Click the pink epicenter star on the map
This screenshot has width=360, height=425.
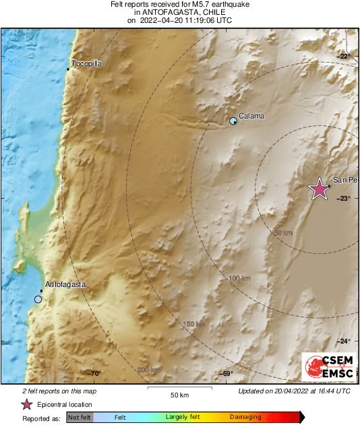319,190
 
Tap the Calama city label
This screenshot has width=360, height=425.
251,116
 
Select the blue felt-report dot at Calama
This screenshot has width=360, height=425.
233,121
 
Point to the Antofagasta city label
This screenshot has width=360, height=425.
65,284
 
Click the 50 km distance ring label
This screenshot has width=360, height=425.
283,232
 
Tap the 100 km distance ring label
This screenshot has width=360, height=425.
239,278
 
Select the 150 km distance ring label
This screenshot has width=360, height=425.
194,325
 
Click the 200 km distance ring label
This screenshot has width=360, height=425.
148,370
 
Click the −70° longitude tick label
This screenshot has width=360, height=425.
94,374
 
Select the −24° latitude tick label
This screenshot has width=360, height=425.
344,340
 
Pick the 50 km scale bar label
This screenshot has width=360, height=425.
179,394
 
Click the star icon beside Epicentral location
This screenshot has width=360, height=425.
26,404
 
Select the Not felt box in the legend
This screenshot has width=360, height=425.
79,418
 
